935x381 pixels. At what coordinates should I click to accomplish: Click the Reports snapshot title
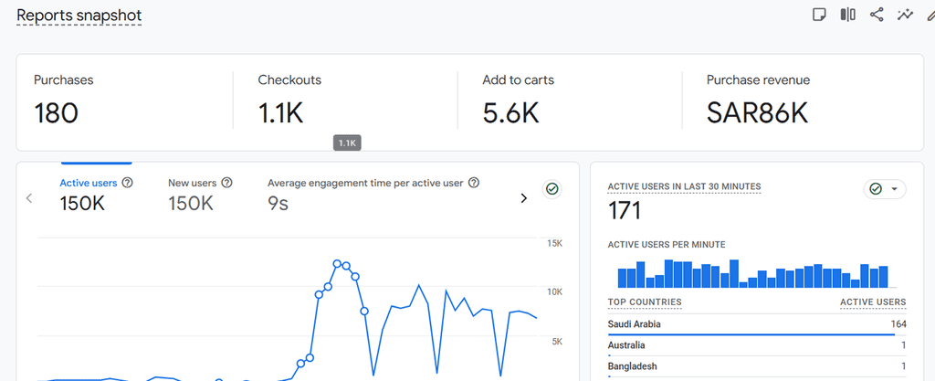tap(79, 16)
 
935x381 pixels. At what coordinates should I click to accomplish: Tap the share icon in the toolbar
tap(876, 15)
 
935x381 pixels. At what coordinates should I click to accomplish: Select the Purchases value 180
tap(56, 112)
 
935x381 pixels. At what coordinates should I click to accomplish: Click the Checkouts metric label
tap(289, 79)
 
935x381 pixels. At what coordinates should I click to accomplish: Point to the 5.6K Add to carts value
tap(510, 112)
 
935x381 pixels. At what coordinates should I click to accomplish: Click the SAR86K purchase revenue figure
tap(757, 112)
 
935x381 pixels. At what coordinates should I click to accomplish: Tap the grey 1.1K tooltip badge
tap(347, 143)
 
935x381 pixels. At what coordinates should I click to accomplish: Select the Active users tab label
tap(89, 183)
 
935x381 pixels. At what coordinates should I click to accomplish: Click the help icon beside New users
tap(226, 183)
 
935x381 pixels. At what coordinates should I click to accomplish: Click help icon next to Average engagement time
tap(474, 183)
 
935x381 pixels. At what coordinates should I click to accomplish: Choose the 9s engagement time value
tap(278, 204)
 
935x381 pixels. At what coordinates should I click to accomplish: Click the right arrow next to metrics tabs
tap(523, 198)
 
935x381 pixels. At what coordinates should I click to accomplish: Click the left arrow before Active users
tap(28, 198)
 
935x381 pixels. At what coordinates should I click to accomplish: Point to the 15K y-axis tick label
tap(554, 243)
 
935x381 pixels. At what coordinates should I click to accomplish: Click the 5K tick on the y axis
tap(557, 342)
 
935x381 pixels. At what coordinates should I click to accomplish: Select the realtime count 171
tap(625, 210)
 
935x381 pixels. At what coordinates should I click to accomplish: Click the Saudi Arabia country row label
tap(634, 324)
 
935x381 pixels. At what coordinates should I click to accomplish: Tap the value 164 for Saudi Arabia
tap(898, 324)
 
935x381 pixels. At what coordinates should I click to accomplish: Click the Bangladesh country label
tap(633, 366)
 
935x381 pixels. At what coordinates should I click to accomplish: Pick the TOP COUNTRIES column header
tap(645, 302)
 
